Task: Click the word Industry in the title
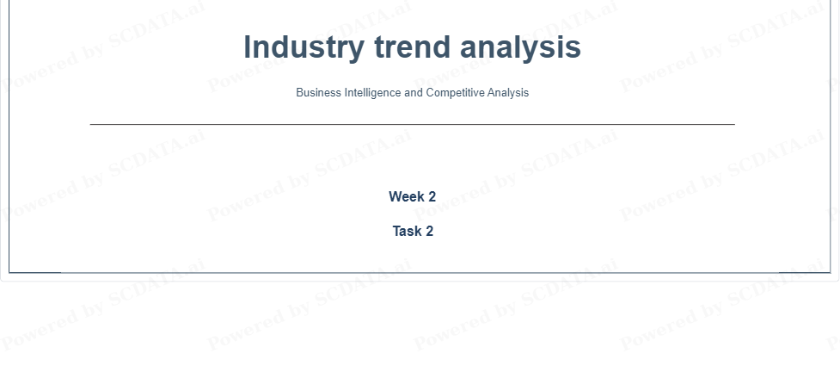click(x=304, y=47)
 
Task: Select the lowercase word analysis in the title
click(x=520, y=48)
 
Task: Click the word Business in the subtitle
click(x=318, y=92)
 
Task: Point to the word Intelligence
click(x=373, y=93)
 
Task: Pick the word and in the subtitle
click(x=414, y=92)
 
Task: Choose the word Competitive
click(x=456, y=93)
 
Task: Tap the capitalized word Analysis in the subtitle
click(x=508, y=93)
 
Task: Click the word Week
click(x=407, y=196)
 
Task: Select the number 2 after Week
click(x=432, y=196)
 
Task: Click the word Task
click(x=407, y=231)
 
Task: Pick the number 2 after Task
click(x=429, y=231)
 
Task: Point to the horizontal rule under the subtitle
click(x=413, y=125)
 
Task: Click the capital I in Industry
click(x=248, y=46)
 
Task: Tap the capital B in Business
click(x=300, y=92)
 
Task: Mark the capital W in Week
click(x=395, y=196)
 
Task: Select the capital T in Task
click(x=397, y=231)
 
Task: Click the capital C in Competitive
click(x=431, y=92)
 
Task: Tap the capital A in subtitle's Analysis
click(x=491, y=92)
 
